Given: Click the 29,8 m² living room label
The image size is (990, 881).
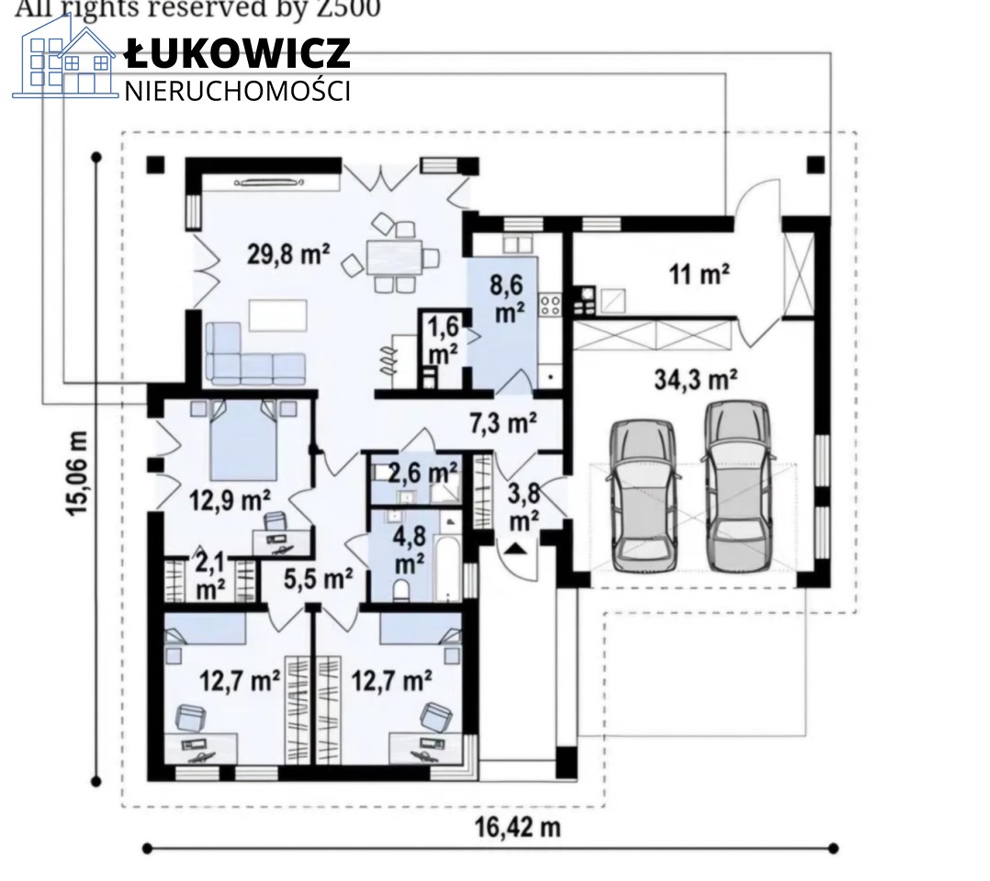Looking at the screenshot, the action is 288,254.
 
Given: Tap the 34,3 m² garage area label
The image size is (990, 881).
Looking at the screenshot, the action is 696,380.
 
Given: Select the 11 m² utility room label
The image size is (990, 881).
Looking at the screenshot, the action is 699,273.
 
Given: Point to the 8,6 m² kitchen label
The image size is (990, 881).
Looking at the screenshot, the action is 508,298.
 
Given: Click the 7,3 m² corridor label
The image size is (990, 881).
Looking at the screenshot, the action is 503,422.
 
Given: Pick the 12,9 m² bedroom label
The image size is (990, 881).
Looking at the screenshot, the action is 231,500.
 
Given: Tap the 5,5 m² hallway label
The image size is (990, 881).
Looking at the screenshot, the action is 318,578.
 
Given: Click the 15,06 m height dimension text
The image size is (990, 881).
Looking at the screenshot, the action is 77,474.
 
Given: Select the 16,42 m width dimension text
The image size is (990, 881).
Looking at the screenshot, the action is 517,827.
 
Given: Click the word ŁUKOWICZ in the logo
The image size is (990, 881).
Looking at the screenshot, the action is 238,52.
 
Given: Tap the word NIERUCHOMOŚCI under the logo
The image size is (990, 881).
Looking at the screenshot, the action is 237,91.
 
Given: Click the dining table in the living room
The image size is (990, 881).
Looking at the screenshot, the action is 394,257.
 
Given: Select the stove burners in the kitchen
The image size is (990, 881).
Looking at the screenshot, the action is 549,307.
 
